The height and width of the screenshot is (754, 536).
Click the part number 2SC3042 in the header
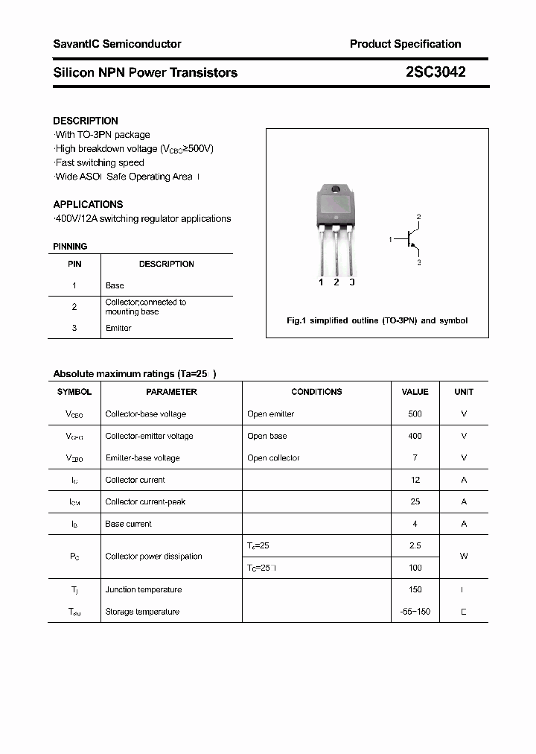click(x=435, y=72)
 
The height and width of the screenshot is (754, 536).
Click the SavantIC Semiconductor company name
click(x=117, y=44)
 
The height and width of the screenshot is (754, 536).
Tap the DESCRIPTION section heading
click(x=86, y=121)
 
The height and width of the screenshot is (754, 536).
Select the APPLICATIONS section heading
click(x=88, y=204)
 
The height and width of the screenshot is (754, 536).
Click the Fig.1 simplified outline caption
click(x=377, y=320)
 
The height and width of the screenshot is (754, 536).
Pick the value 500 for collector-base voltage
click(x=415, y=414)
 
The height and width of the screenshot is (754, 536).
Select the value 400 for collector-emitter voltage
click(x=415, y=436)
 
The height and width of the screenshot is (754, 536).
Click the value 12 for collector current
click(x=415, y=480)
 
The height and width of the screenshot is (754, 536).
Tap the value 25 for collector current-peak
click(x=415, y=501)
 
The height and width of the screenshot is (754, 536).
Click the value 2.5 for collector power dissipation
click(x=415, y=545)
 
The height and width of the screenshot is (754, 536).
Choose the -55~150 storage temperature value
click(x=415, y=612)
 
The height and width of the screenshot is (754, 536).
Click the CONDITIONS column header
click(x=316, y=392)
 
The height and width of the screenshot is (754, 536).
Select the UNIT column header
click(x=464, y=392)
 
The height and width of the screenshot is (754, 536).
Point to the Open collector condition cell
click(x=273, y=458)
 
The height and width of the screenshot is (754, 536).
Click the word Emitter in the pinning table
click(x=118, y=328)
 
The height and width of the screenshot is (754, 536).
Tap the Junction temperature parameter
click(x=143, y=589)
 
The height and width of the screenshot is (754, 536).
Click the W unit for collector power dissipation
click(x=464, y=557)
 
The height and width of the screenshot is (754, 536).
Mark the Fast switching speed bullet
click(x=100, y=162)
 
